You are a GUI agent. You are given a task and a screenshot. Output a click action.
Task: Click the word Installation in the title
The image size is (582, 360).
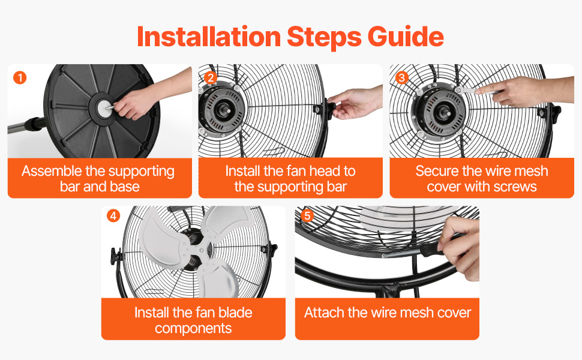click(209, 37)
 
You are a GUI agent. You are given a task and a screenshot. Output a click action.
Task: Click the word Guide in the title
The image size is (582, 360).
click(406, 37)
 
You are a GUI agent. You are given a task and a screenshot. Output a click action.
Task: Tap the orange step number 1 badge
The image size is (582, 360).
click(20, 78)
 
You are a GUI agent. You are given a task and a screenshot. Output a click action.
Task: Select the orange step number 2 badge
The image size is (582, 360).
click(211, 78)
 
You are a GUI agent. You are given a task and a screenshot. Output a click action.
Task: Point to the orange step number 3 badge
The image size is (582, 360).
click(402, 78)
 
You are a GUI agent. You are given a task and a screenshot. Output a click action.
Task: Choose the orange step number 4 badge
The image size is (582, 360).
click(113, 215)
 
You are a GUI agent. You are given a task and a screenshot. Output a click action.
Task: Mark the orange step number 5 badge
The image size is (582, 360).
click(307, 215)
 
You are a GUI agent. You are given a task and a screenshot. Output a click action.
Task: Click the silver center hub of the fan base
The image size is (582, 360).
click(104, 107)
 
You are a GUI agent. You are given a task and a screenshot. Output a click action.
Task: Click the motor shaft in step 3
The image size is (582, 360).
click(442, 112)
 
